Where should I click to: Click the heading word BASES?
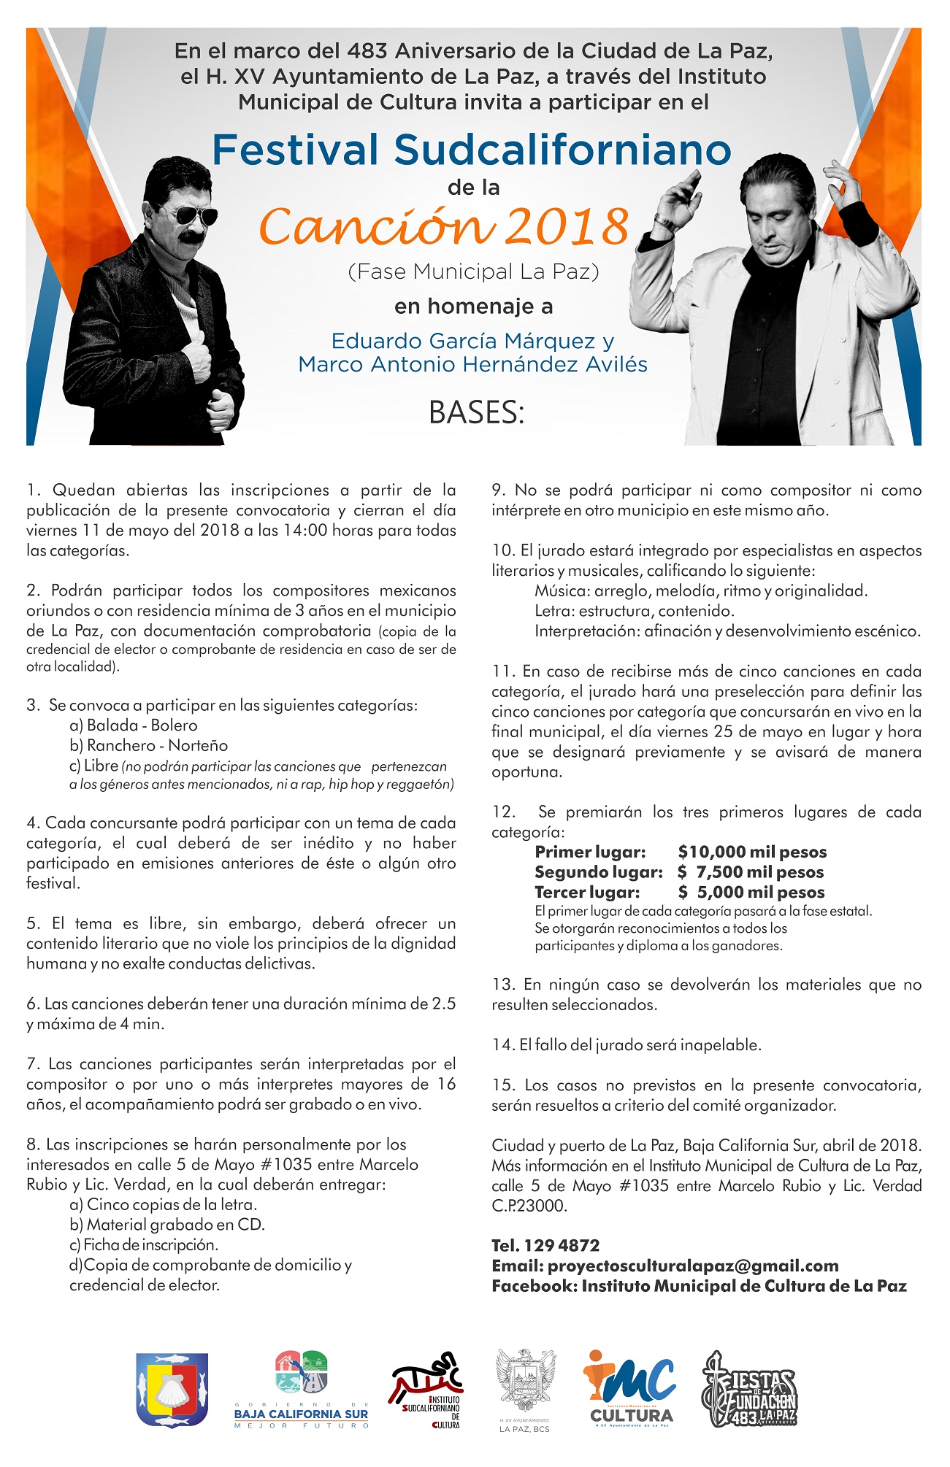476,413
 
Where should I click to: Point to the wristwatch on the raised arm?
666,222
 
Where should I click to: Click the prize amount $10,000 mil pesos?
752,852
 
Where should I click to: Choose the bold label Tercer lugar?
587,892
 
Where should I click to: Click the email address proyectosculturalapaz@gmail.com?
693,1266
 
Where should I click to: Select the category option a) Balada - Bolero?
134,725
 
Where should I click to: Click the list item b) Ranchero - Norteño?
149,745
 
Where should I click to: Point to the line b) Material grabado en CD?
167,1224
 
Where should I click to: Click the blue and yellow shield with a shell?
172,1390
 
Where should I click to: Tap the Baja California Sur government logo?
301,1390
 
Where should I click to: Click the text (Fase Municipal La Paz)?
474,272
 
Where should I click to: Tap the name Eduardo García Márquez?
463,341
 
